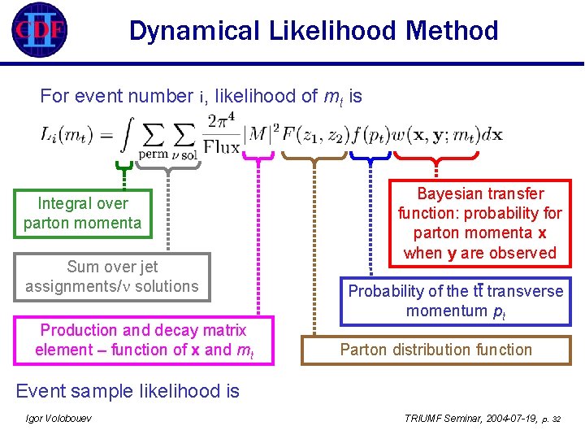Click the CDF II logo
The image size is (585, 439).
pos(39,30)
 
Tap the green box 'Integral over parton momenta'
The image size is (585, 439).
pos(82,213)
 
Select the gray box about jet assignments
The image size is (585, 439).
pos(112,276)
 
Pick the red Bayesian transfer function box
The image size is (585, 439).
pos(479,224)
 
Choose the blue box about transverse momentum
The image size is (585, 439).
pos(455,301)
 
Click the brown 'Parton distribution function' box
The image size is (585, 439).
pos(435,350)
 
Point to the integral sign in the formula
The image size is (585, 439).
pos(125,134)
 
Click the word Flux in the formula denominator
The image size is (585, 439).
pos(221,147)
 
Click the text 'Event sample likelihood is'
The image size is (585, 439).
pos(128,391)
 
